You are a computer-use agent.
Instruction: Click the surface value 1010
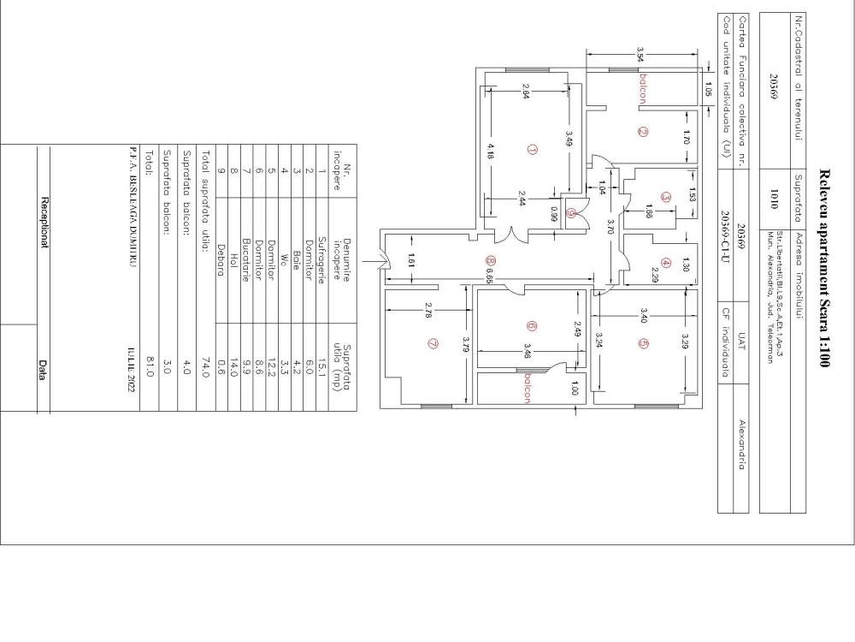click(x=774, y=194)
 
